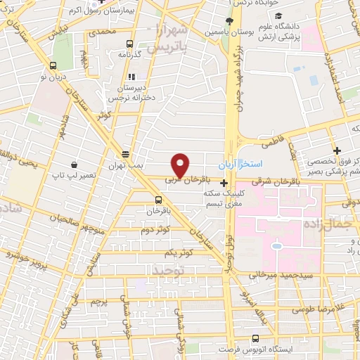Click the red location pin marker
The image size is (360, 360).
point(180,165)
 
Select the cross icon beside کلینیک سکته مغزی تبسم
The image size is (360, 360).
point(224,184)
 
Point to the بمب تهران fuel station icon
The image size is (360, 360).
point(125,154)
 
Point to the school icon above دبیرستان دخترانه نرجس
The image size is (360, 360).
point(130,77)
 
